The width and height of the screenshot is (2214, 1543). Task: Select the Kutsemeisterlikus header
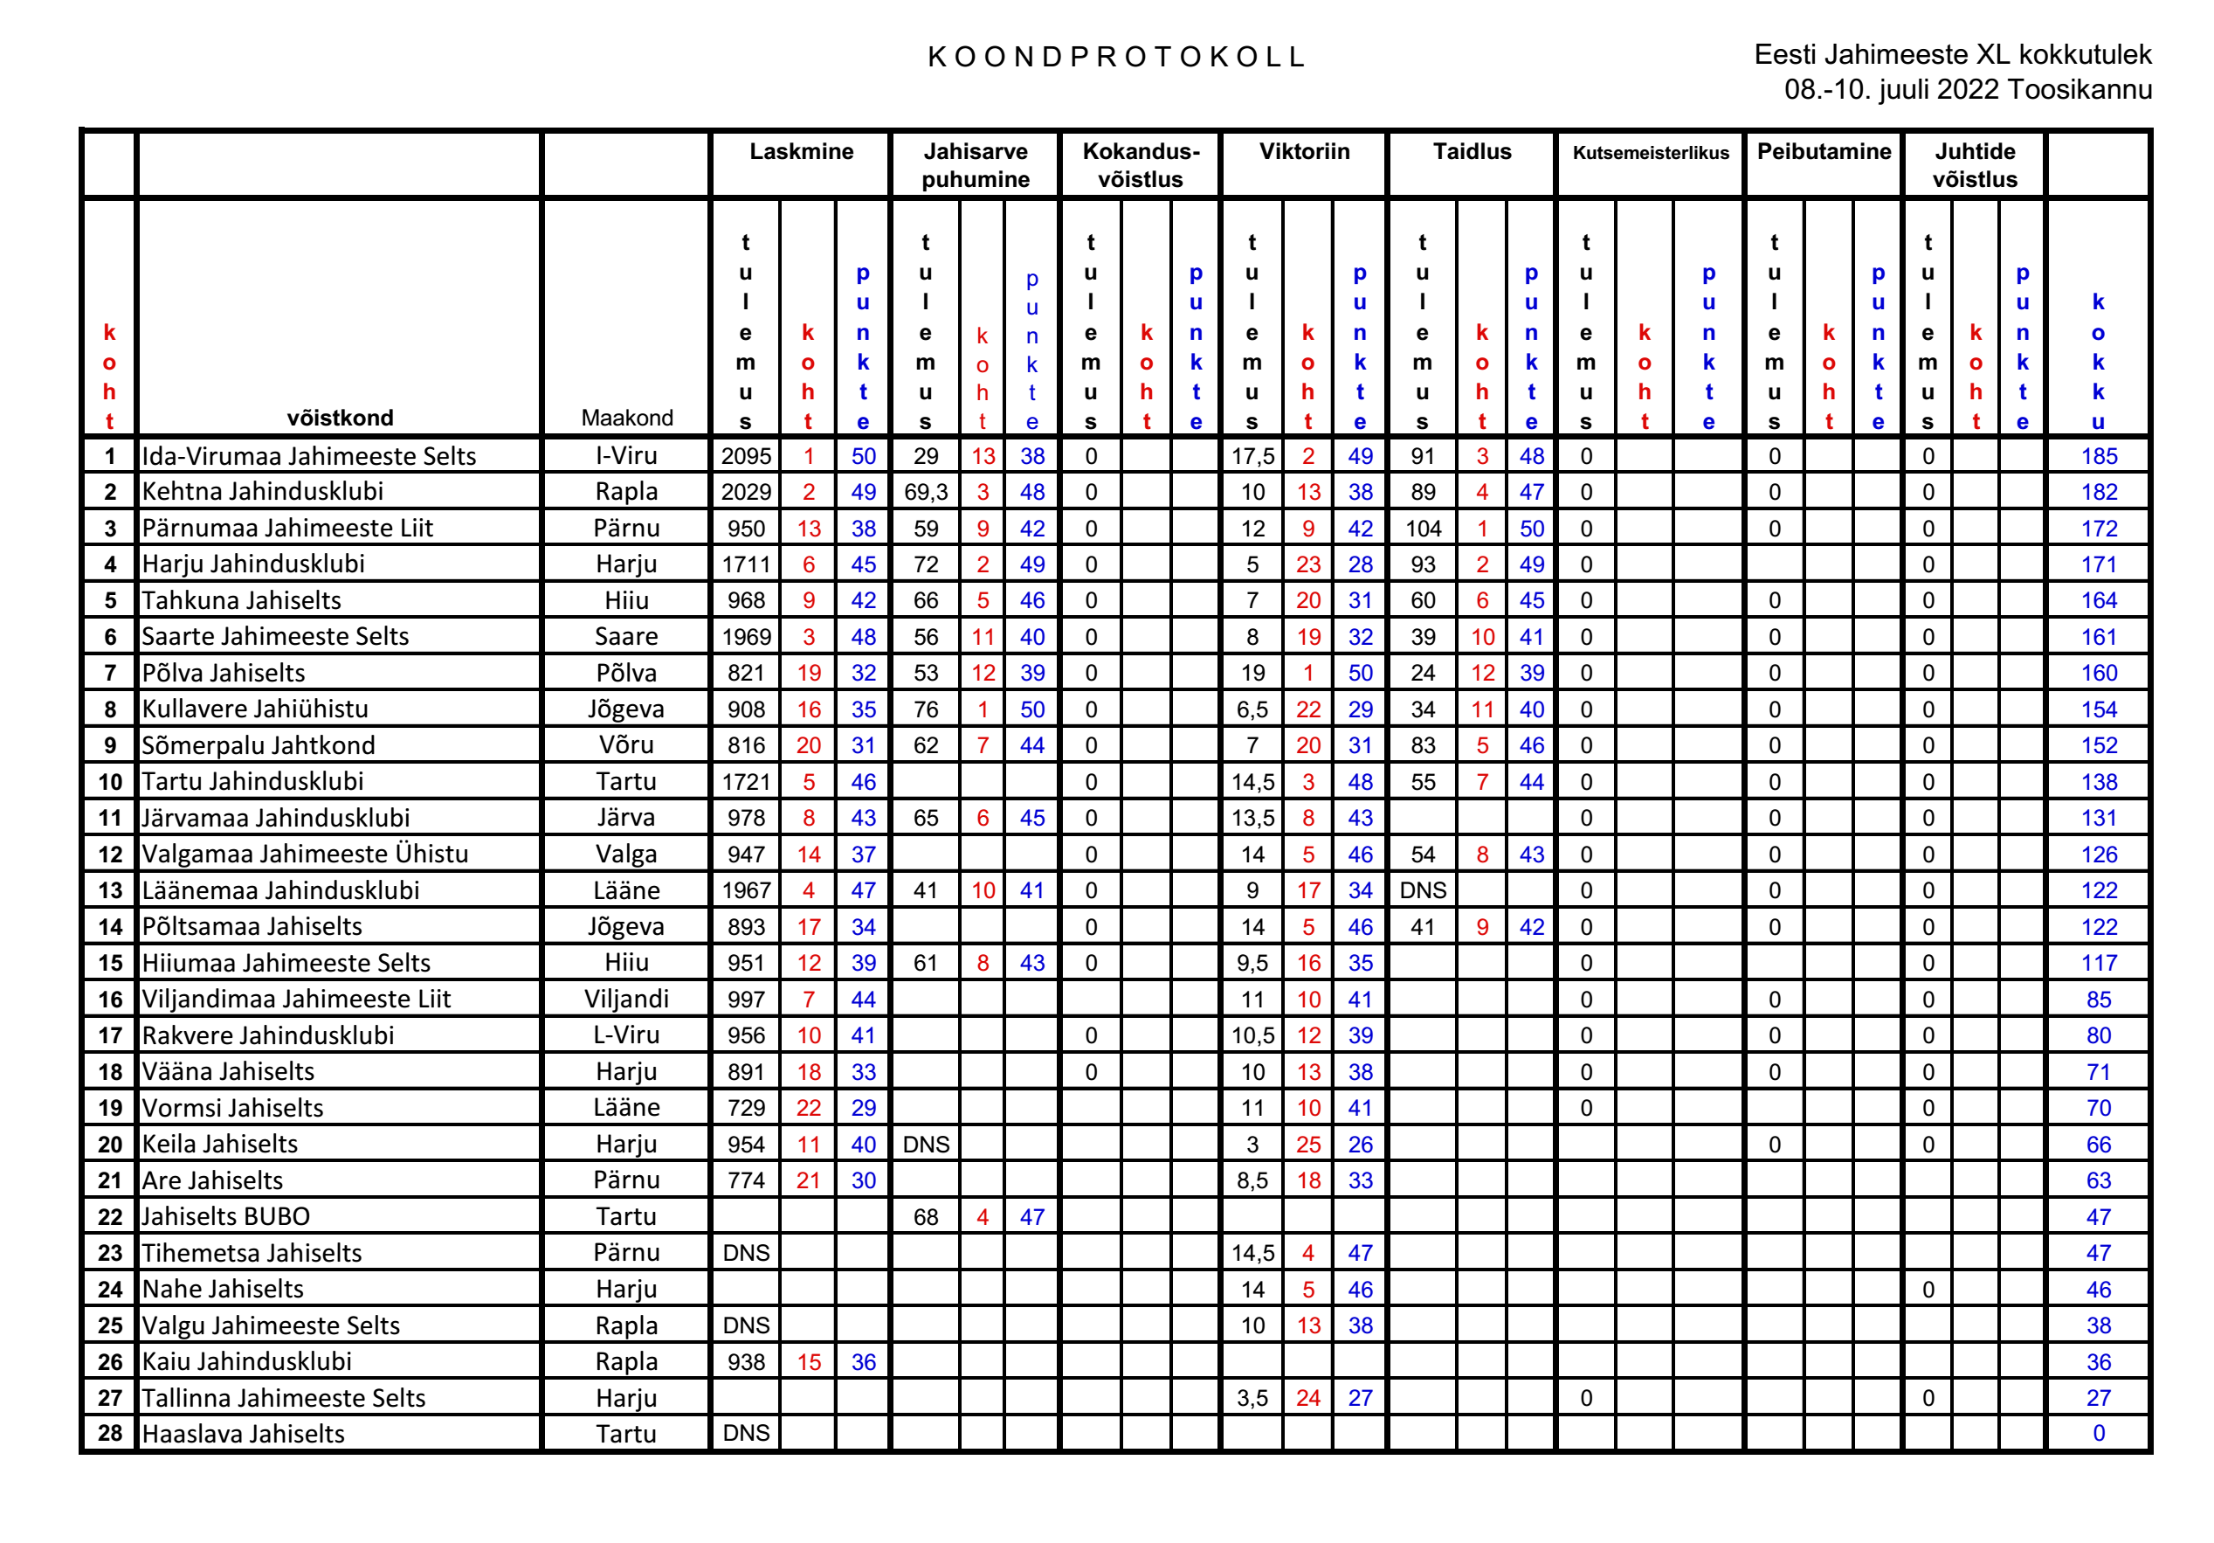click(1650, 152)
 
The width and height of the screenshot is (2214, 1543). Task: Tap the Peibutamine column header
click(1824, 151)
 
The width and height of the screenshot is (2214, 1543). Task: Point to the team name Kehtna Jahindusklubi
click(262, 492)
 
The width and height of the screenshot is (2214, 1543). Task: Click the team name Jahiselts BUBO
click(225, 1216)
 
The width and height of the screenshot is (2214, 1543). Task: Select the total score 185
click(2099, 456)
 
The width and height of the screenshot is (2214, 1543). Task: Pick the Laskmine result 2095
click(745, 456)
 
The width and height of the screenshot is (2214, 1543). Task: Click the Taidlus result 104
click(1423, 529)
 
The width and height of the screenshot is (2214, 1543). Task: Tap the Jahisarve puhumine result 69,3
click(925, 492)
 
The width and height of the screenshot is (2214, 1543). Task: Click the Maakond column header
click(627, 418)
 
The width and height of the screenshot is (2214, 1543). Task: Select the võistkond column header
click(340, 418)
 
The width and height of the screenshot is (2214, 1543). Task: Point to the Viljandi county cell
click(627, 999)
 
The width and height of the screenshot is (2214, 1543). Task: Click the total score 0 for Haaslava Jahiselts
click(2099, 1433)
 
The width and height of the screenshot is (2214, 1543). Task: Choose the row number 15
click(110, 963)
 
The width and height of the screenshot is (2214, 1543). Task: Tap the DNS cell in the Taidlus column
click(1423, 890)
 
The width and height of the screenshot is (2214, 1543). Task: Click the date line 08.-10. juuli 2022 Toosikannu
click(1967, 90)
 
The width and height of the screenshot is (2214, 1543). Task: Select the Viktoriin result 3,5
click(1252, 1397)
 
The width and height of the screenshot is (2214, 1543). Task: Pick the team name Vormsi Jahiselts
click(232, 1108)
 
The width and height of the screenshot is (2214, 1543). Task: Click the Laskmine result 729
click(745, 1108)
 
